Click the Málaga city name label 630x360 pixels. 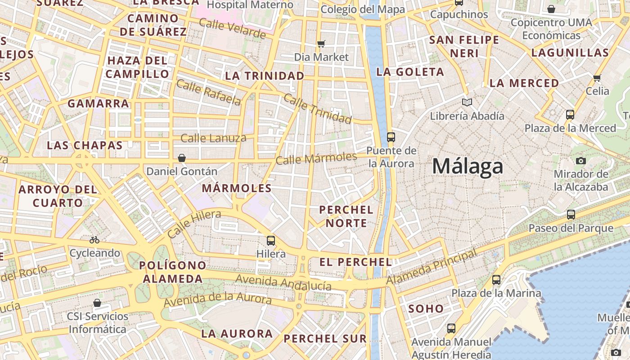(468, 166)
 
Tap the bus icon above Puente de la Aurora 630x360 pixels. (391, 137)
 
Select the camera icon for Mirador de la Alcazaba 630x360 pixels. (580, 161)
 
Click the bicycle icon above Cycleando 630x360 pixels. (94, 240)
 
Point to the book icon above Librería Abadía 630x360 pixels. (467, 103)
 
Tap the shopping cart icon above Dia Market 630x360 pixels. (321, 44)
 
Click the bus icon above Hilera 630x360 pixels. (270, 240)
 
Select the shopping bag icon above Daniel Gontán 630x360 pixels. (182, 158)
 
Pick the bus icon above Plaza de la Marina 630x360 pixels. (496, 280)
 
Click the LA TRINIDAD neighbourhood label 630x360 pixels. (265, 76)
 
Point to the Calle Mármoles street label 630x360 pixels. (316, 158)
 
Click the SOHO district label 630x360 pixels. (426, 309)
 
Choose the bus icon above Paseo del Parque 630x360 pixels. (571, 215)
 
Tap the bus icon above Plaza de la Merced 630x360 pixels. (570, 115)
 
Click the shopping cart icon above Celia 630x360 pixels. (597, 78)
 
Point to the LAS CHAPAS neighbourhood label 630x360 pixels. (85, 145)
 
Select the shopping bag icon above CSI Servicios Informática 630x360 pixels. (97, 303)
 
